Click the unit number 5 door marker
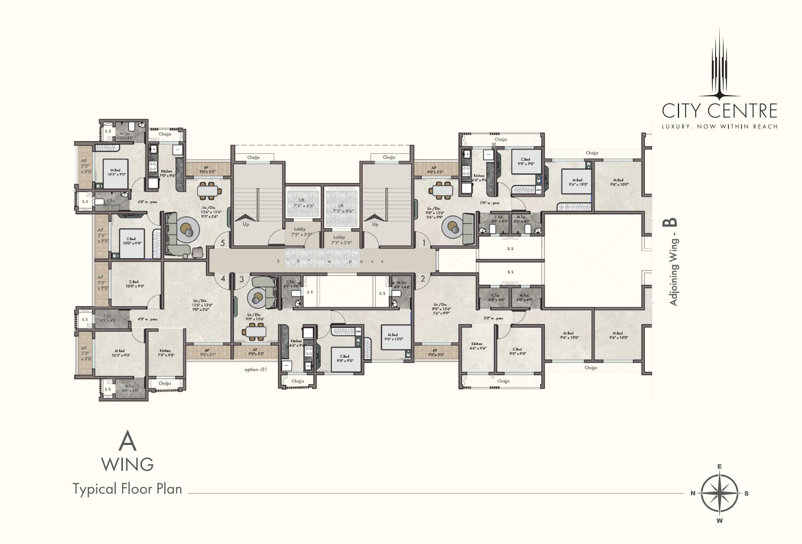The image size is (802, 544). coord(223,243)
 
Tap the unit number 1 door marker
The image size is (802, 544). coord(424,243)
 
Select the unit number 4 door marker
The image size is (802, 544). coord(223,279)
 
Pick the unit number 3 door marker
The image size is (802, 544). coord(241,279)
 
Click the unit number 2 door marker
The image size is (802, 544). coord(422,279)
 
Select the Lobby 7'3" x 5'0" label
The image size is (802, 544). coord(300,232)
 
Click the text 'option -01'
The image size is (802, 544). coord(255,369)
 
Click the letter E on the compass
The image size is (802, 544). coord(719,466)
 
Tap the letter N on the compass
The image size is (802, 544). coord(693,493)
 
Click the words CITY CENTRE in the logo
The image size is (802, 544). coord(719,111)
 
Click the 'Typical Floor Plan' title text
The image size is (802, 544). coord(127,489)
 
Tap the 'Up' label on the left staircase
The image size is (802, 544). coord(246,225)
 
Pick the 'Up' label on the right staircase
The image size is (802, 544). coord(375,225)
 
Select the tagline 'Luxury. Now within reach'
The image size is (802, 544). coord(719,126)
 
